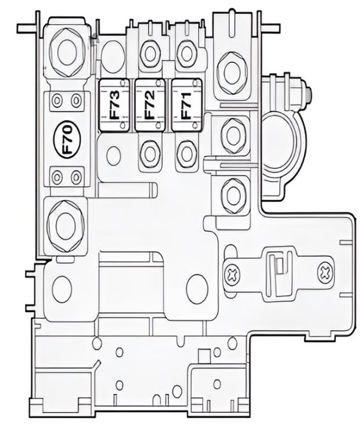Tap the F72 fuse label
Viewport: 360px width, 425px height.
[x=150, y=105]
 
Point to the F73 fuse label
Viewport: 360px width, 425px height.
[x=115, y=105]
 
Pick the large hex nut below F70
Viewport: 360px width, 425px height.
[x=63, y=222]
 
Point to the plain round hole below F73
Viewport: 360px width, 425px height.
[x=113, y=154]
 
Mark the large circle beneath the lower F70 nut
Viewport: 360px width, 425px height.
[x=62, y=286]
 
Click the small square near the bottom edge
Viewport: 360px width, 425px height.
[x=203, y=355]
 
